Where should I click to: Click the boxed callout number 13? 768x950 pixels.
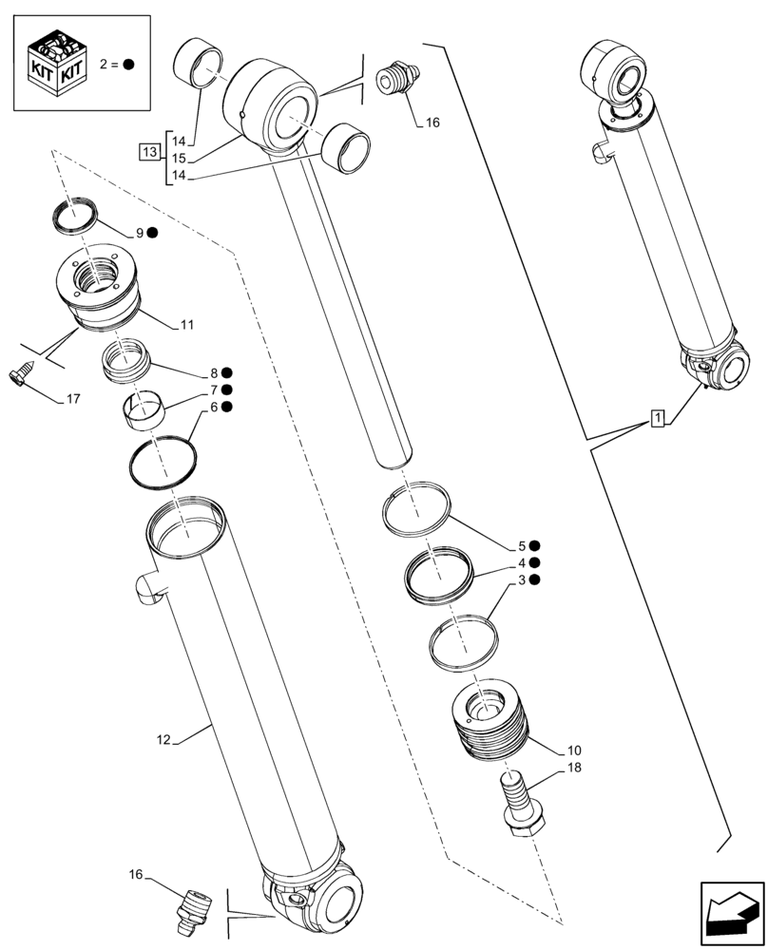tap(149, 152)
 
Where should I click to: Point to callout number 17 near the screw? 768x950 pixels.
tap(72, 399)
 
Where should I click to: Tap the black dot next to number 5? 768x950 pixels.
tap(535, 546)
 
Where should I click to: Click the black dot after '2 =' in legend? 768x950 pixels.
tap(128, 65)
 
